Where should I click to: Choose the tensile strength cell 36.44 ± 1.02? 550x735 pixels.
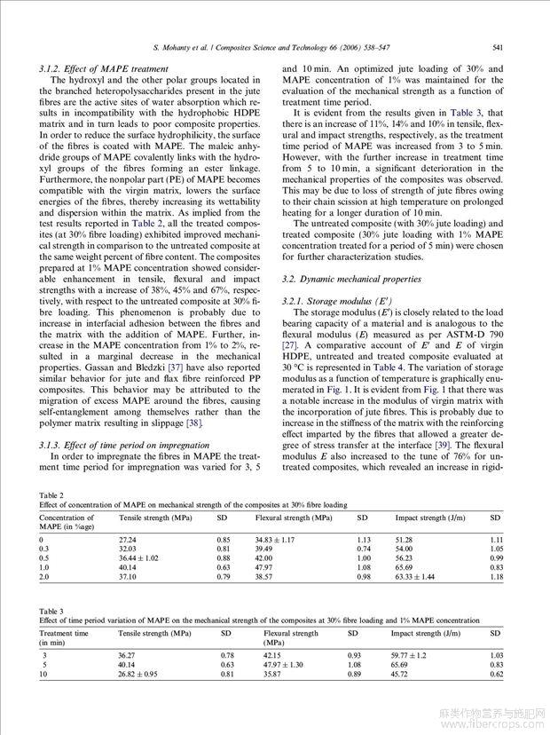pyautogui.click(x=140, y=558)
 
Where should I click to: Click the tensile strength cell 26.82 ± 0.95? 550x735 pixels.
pyautogui.click(x=138, y=674)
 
